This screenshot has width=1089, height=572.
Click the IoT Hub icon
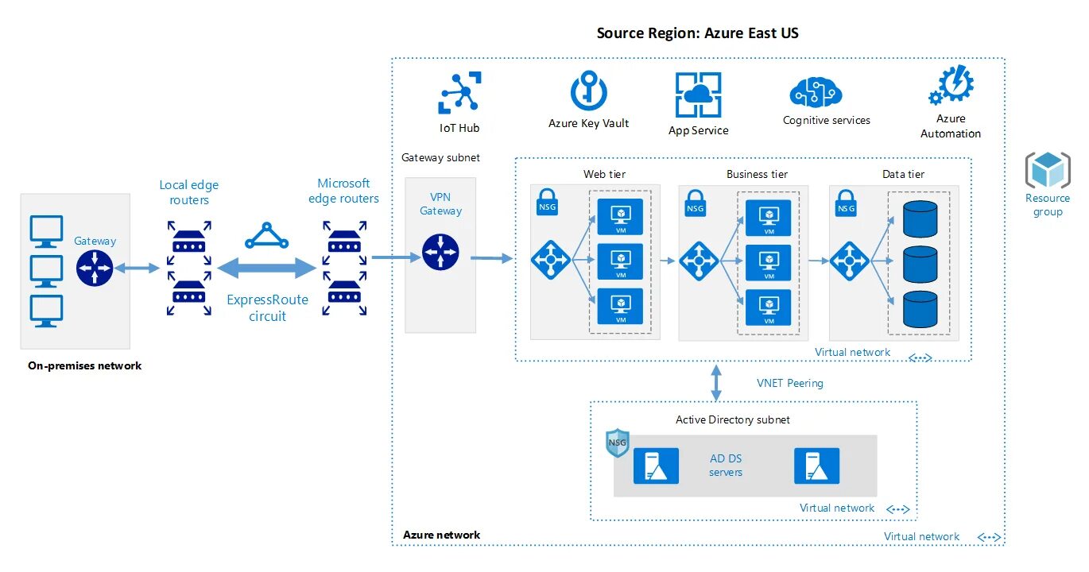(x=459, y=93)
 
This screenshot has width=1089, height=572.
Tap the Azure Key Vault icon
(x=588, y=91)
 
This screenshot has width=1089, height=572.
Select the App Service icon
(x=698, y=95)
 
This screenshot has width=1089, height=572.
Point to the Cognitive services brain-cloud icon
(x=816, y=92)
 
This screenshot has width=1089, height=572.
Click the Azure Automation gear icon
(x=951, y=86)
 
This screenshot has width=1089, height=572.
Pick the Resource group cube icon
(x=1048, y=169)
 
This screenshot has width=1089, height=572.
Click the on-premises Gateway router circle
(x=95, y=268)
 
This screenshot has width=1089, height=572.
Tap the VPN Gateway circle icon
(x=440, y=252)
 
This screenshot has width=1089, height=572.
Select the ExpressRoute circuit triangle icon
(x=266, y=236)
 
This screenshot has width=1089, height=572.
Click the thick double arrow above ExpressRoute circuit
(x=267, y=268)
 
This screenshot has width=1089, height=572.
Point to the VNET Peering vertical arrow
(x=716, y=383)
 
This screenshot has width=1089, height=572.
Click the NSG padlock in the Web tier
(x=547, y=202)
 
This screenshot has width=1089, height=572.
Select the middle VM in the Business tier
(x=768, y=263)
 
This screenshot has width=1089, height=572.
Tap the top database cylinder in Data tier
(x=920, y=218)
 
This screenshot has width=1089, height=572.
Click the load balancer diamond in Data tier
(x=849, y=261)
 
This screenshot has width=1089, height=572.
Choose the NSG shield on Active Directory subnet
(x=618, y=443)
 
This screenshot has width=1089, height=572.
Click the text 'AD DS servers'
(x=726, y=465)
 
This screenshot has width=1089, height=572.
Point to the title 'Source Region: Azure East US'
(x=697, y=33)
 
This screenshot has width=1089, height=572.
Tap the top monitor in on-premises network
(x=46, y=231)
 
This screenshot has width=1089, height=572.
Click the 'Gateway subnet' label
(x=440, y=157)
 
